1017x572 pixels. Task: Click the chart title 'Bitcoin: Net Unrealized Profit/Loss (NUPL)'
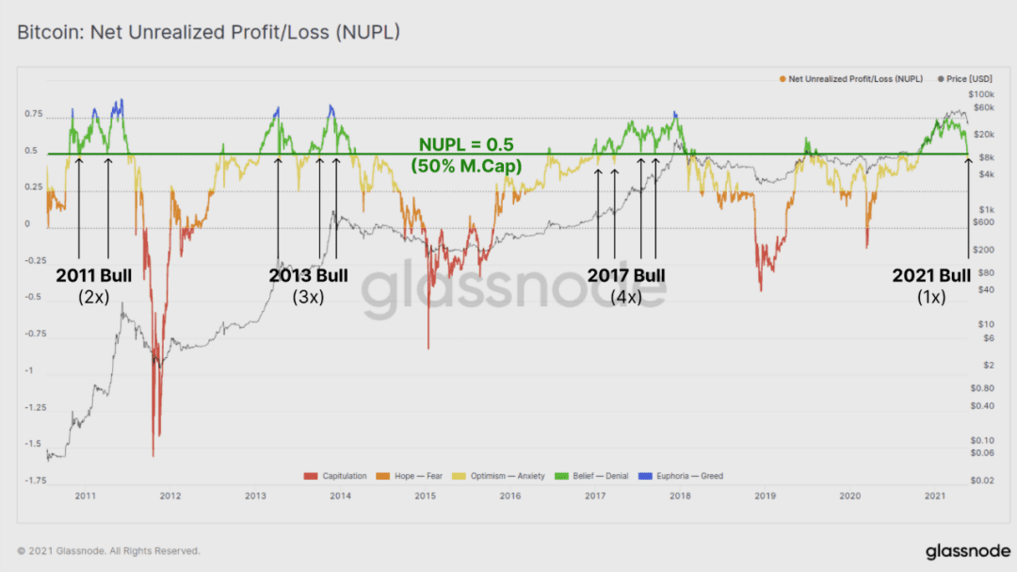click(x=208, y=32)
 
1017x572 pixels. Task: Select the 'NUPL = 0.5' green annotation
click(x=466, y=144)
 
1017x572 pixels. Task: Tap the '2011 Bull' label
click(x=93, y=275)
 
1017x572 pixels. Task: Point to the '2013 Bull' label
click(x=308, y=275)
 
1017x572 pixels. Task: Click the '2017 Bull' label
click(x=626, y=275)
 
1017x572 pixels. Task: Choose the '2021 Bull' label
click(x=931, y=275)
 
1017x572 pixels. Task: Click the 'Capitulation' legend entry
click(x=335, y=476)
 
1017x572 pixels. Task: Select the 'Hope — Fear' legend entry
click(x=410, y=476)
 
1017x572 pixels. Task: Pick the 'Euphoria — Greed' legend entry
click(x=681, y=476)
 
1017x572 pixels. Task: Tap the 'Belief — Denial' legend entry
click(x=591, y=476)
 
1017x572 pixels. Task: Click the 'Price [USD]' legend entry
click(x=965, y=78)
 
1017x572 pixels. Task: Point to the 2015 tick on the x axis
click(x=426, y=496)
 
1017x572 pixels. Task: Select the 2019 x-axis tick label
click(x=766, y=496)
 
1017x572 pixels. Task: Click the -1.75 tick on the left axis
click(x=36, y=481)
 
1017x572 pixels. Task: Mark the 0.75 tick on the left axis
click(x=34, y=114)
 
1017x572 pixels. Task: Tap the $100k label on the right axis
click(x=981, y=95)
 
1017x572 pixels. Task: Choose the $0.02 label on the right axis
click(x=982, y=481)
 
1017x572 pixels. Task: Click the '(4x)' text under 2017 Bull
click(x=626, y=298)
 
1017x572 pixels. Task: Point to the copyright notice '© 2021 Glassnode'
click(x=108, y=550)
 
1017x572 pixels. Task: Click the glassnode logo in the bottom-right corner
click(x=968, y=551)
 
